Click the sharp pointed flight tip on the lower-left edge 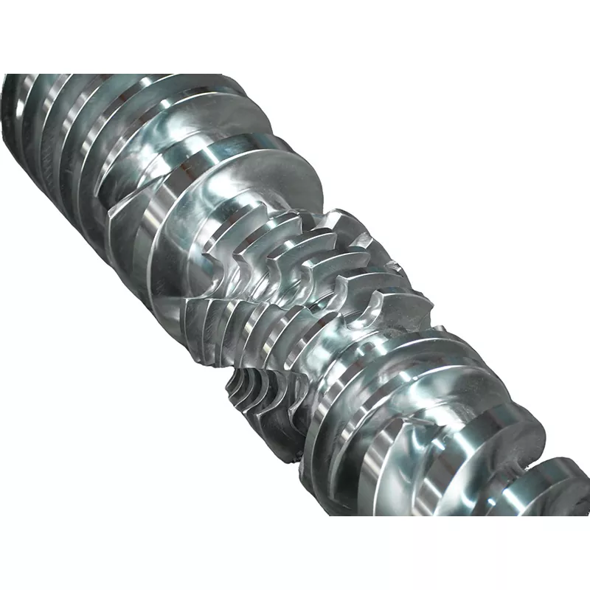coord(111,214)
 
